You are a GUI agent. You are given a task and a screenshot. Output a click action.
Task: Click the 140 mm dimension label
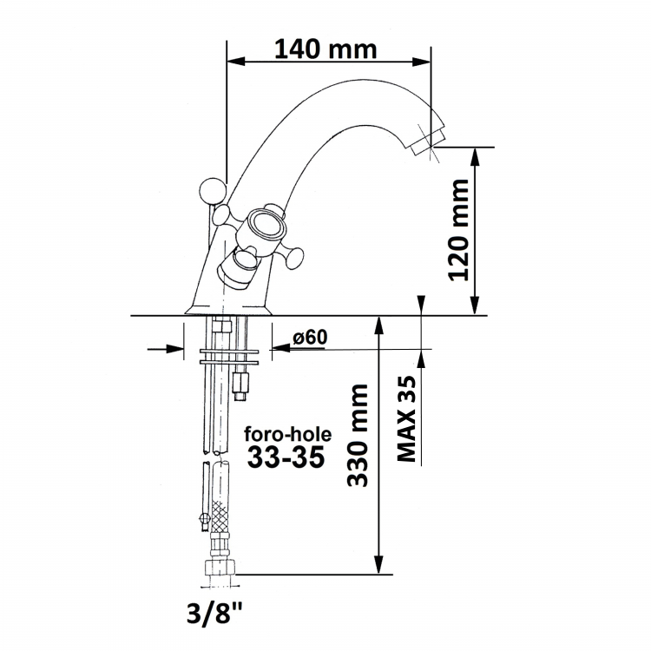[x=325, y=49]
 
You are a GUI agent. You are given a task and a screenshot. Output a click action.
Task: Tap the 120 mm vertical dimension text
[x=459, y=230]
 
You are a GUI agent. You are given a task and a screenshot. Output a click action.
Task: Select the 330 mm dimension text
[x=358, y=435]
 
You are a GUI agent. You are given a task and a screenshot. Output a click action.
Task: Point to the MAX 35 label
[x=406, y=418]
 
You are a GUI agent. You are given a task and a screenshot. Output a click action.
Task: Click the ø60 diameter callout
[x=310, y=337]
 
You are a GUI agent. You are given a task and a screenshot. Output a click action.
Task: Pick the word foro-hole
[x=287, y=434]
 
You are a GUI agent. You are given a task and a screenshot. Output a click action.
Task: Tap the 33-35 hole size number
[x=286, y=457]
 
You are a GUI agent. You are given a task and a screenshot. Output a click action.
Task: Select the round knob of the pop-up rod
[x=213, y=192]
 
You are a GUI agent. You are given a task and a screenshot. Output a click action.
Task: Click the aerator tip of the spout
[x=426, y=143]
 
